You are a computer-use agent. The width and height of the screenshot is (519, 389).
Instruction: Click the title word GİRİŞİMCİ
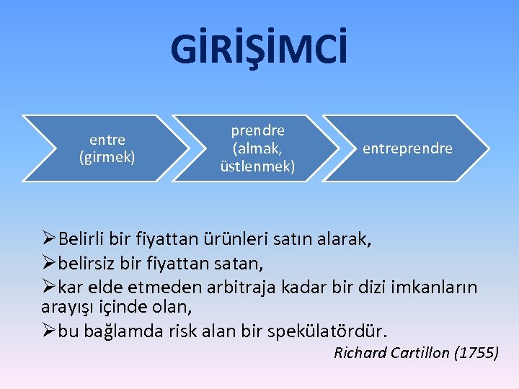[259, 49]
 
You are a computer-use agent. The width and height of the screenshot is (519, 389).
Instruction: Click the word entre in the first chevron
[107, 140]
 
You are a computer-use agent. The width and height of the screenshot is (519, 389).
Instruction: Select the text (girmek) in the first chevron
[107, 156]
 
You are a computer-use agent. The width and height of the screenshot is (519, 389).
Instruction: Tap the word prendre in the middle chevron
[257, 131]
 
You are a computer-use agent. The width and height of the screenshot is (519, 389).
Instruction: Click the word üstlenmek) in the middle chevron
[257, 166]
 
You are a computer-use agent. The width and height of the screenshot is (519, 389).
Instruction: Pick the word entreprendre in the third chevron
[407, 148]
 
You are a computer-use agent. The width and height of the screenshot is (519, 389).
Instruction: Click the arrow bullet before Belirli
[49, 238]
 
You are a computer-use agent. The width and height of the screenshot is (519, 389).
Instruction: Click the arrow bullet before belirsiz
[49, 263]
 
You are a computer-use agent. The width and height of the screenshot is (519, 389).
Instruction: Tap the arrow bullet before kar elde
[49, 287]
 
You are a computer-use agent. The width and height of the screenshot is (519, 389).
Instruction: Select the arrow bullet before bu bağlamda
[49, 331]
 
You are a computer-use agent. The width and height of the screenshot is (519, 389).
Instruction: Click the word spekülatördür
[327, 331]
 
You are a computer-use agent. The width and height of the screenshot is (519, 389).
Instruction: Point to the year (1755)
[476, 353]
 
